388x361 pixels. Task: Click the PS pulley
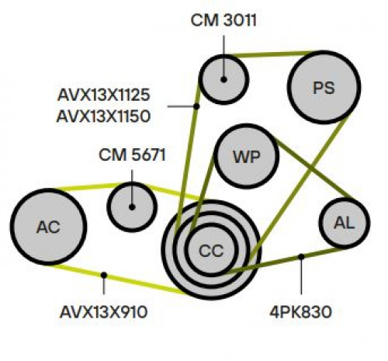324,87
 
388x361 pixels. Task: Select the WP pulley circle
247,156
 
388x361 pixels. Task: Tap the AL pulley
345,223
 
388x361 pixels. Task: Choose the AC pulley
48,227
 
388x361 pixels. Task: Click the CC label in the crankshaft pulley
211,251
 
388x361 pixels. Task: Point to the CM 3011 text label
223,20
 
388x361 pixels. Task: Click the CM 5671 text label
132,155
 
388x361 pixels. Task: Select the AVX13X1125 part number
103,95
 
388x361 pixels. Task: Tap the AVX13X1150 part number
103,116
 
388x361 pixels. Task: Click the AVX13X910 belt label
103,312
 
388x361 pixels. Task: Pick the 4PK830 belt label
300,312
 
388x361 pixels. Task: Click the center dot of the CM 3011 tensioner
223,79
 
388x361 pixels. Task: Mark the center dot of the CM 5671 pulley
132,207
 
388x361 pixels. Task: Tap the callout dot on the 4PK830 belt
301,257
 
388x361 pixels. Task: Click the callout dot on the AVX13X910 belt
104,275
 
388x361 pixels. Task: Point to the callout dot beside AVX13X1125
196,106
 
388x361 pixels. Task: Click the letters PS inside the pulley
324,88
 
